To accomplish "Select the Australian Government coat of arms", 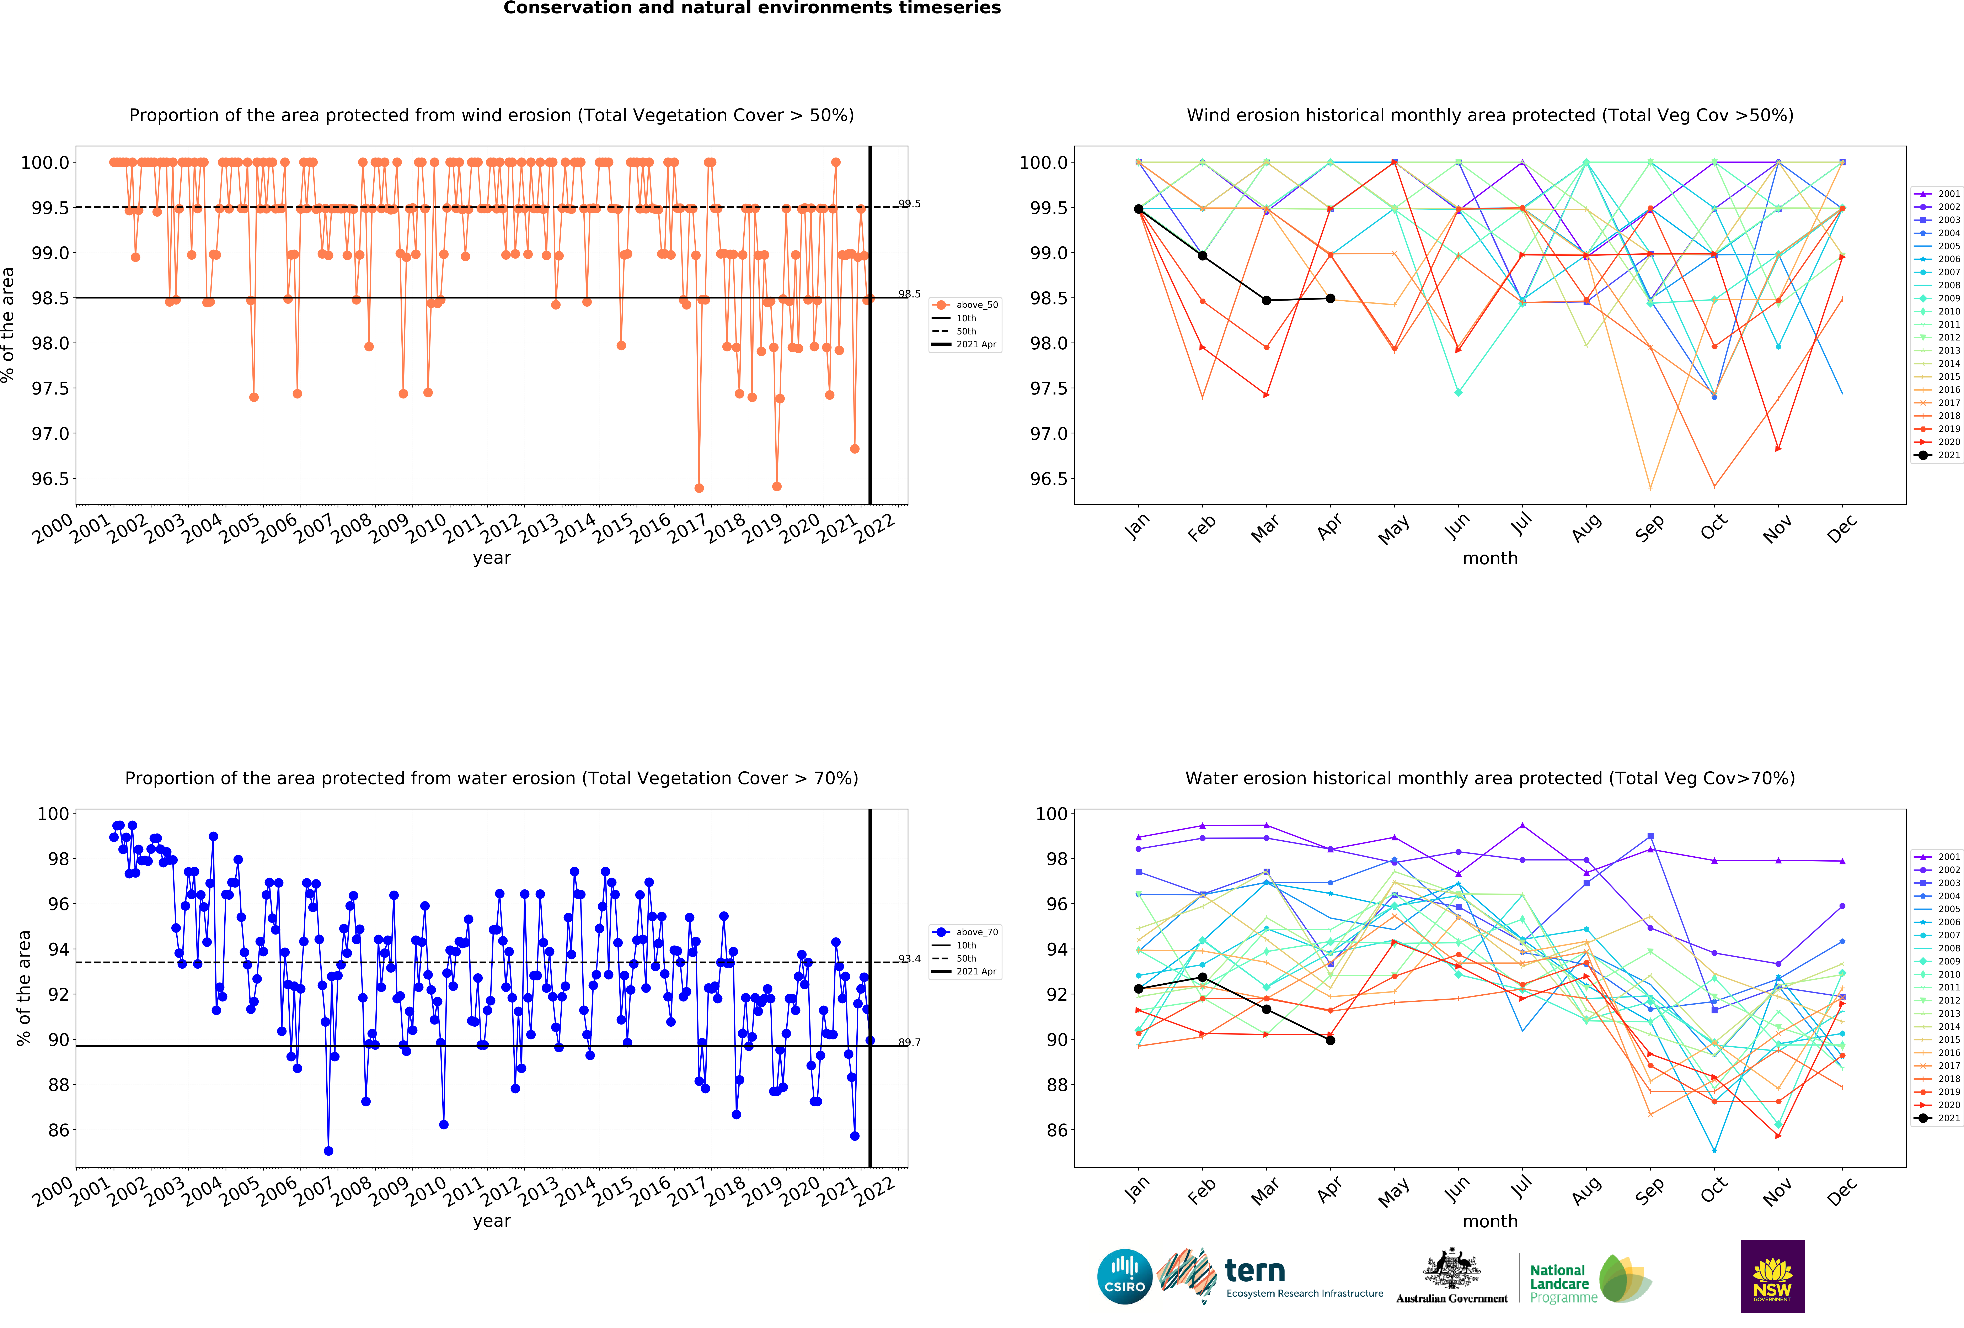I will click(x=1451, y=1268).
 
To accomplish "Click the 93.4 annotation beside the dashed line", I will click(x=909, y=959).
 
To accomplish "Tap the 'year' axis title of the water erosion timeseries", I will click(x=492, y=1221).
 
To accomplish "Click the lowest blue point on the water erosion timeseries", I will click(x=329, y=1150).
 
